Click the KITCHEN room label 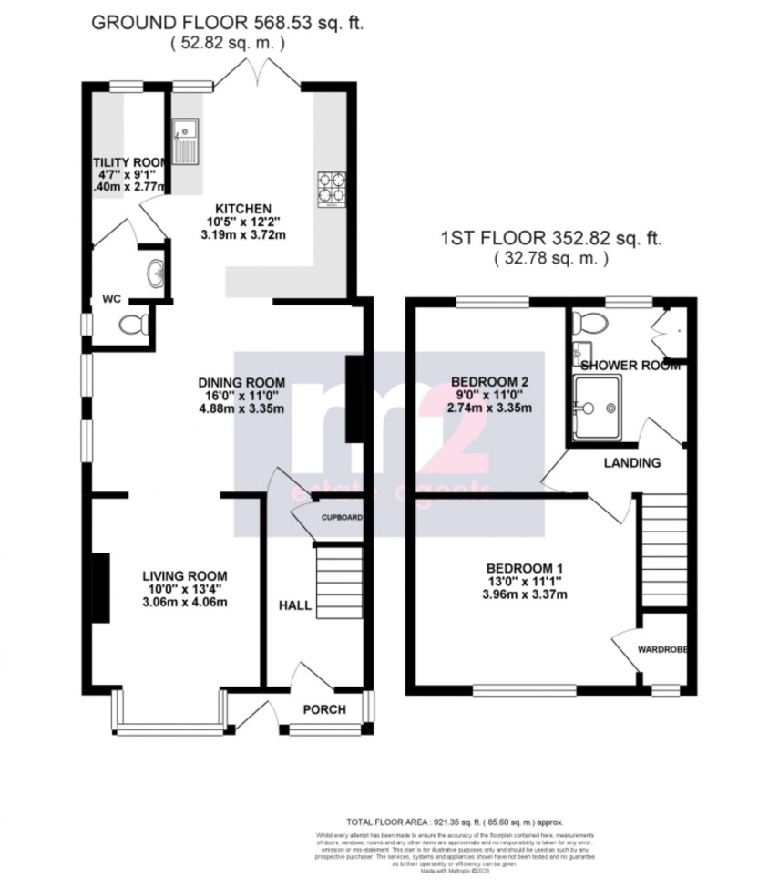242,206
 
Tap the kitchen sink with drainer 185,140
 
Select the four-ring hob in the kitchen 330,188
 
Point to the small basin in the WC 156,272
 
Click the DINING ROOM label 242,382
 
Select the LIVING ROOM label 184,575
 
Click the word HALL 294,605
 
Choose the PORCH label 323,709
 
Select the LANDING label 632,462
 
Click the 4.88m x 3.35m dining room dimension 242,408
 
